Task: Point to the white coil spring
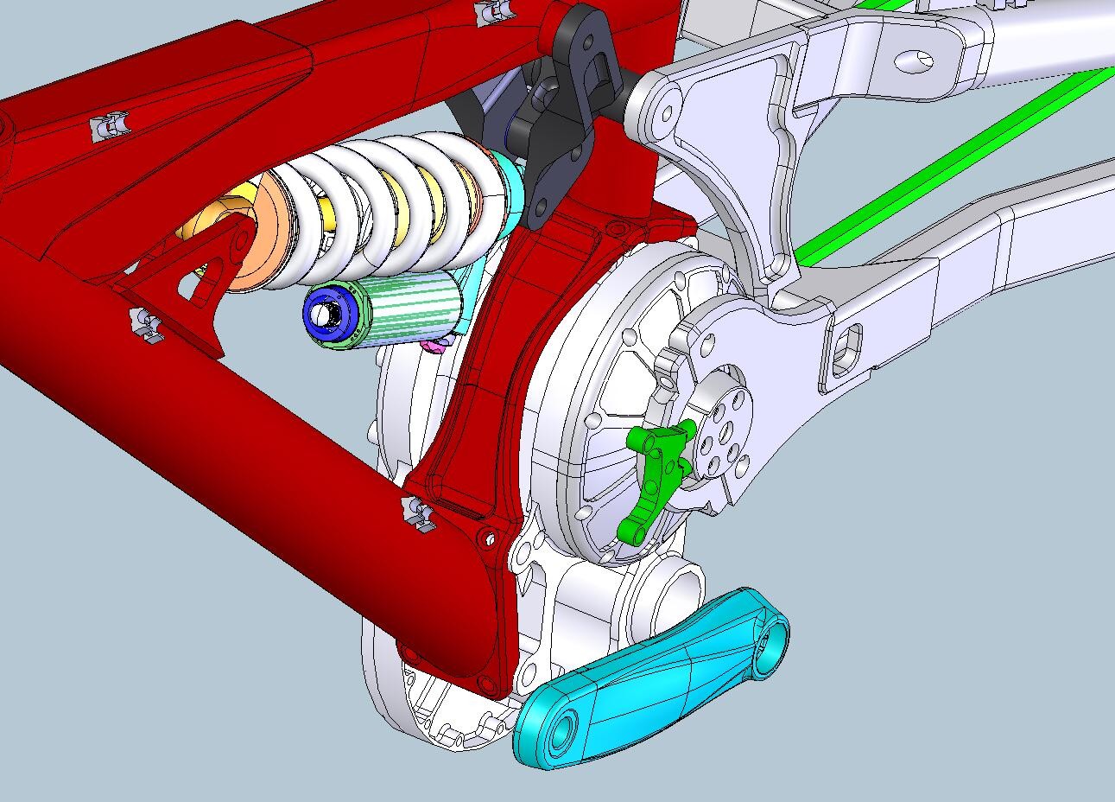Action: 389,207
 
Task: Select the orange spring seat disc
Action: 259,233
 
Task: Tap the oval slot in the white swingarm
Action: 915,60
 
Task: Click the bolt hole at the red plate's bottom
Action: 490,538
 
